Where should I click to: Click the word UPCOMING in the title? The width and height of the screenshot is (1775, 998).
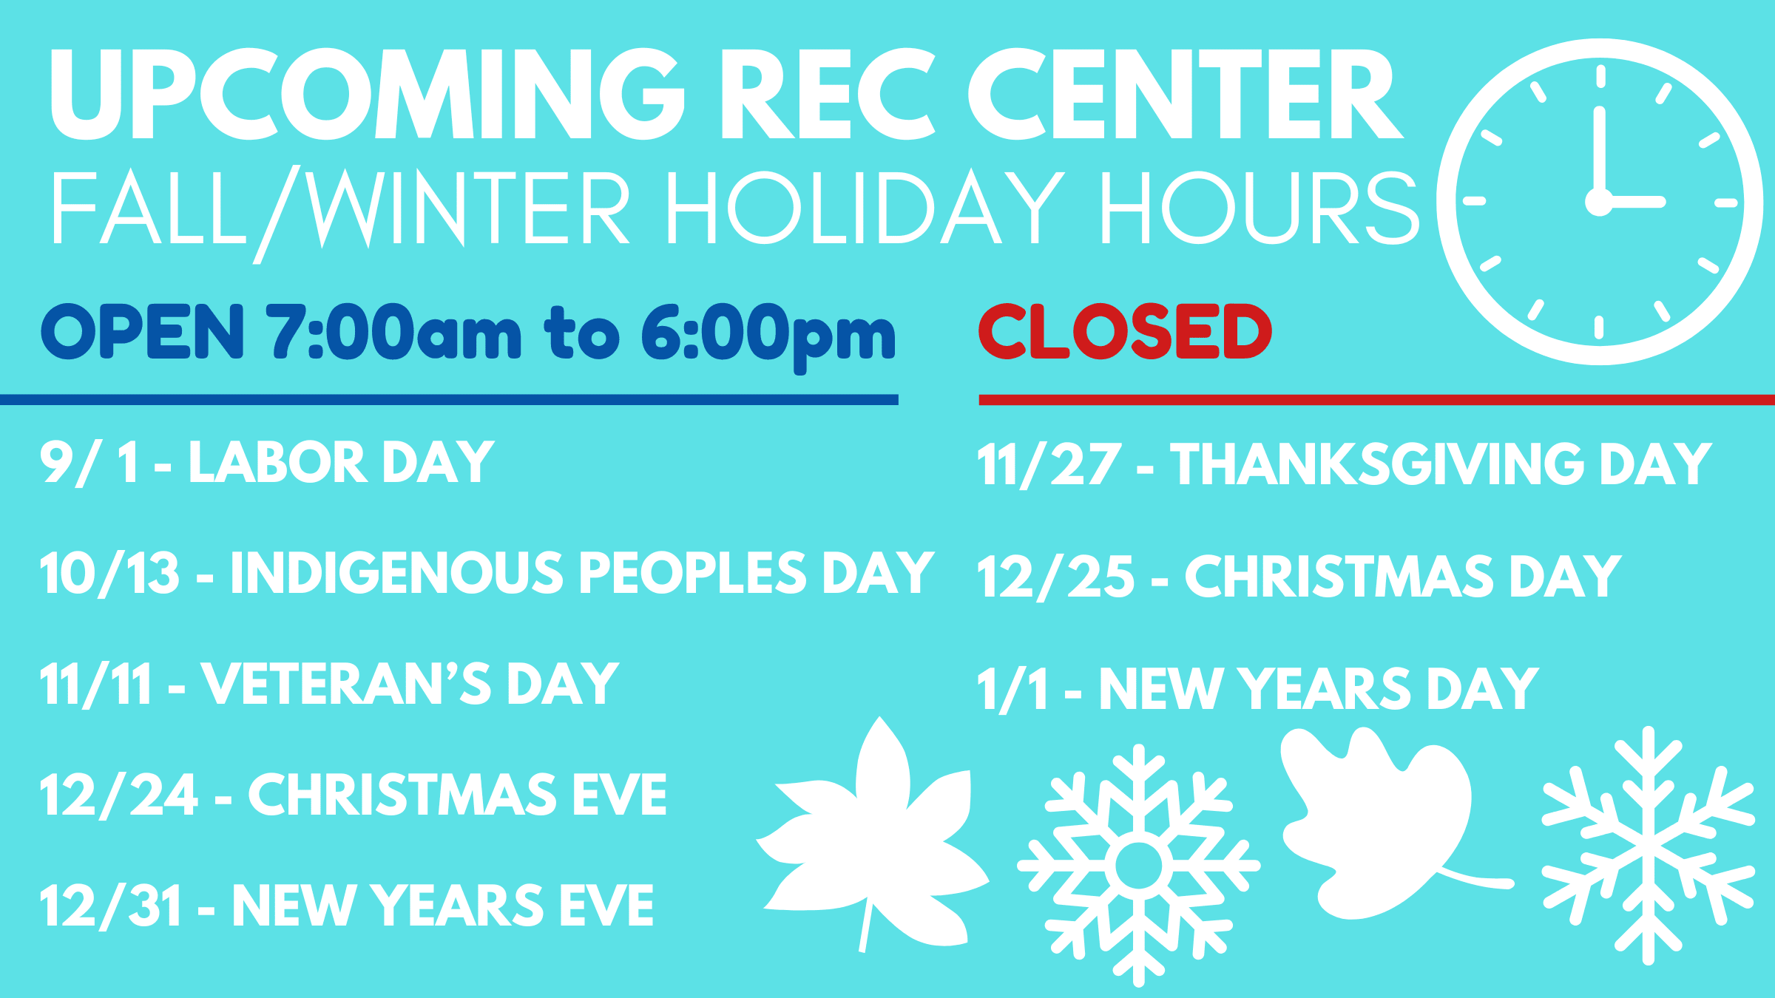[367, 93]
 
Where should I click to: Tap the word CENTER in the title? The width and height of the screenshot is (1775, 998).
[1186, 93]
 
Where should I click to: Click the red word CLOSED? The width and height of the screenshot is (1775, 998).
[1125, 331]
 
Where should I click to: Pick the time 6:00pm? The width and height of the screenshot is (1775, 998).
[768, 337]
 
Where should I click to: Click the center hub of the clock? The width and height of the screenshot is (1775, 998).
[1599, 202]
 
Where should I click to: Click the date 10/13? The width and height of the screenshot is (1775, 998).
[110, 574]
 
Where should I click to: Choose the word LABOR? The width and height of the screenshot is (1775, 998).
[277, 462]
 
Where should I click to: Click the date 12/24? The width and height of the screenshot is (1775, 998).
[119, 796]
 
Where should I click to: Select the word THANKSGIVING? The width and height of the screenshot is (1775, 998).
[1377, 464]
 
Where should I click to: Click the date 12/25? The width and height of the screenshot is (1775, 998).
[1055, 577]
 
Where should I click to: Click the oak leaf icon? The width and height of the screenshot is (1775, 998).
[1383, 821]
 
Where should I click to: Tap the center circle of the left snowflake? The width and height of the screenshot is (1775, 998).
[1138, 866]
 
